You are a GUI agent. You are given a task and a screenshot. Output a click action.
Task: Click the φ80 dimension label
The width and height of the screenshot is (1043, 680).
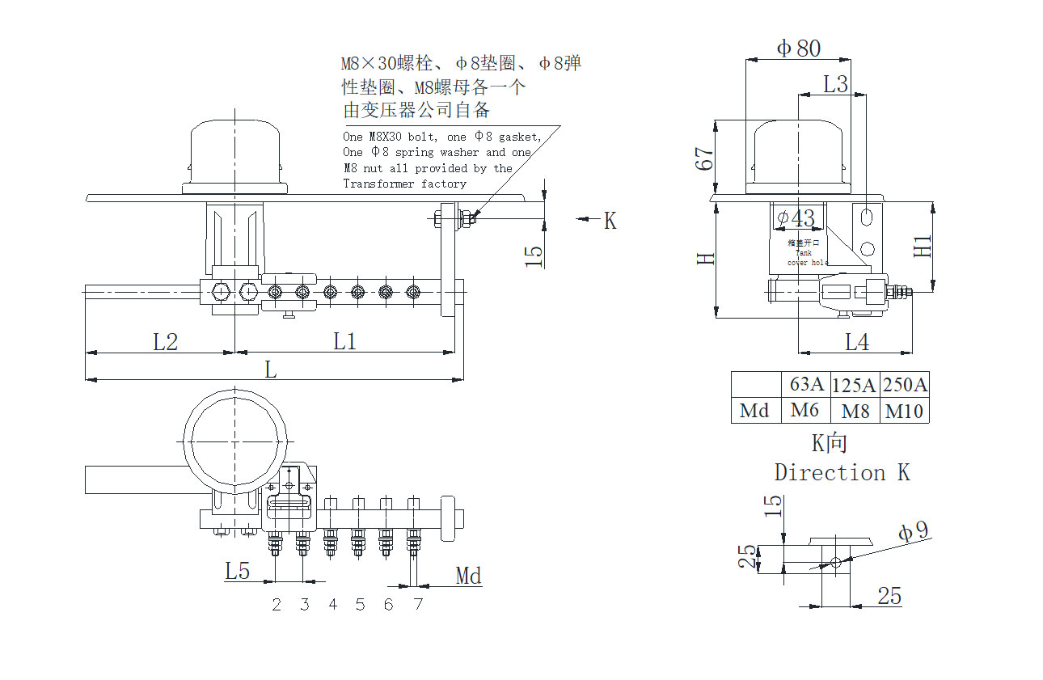tap(798, 49)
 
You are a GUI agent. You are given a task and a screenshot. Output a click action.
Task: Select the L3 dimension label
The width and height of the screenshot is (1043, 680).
tap(836, 83)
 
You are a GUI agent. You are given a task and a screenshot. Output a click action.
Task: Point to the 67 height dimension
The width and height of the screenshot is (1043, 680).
tap(705, 158)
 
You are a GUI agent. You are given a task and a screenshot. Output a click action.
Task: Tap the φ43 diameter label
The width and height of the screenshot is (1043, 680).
tap(795, 218)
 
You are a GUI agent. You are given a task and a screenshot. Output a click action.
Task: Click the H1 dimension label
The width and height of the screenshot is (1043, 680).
tap(923, 246)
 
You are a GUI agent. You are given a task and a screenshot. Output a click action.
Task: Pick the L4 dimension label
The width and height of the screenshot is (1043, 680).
tap(857, 343)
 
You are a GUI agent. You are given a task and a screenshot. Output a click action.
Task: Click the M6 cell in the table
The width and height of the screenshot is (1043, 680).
tap(804, 410)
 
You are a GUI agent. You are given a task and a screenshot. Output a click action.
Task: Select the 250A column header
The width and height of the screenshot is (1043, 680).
tap(904, 385)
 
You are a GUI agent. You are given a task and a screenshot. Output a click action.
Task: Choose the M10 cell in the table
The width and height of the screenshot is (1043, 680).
tap(904, 411)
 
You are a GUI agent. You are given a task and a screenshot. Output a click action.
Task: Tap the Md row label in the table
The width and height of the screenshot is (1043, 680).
tap(754, 411)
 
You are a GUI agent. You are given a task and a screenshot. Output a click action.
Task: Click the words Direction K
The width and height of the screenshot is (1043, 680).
tap(842, 472)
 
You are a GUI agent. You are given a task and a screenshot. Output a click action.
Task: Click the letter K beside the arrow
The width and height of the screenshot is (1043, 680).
tap(610, 220)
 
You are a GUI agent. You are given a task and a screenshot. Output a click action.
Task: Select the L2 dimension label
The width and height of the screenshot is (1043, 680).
tap(165, 342)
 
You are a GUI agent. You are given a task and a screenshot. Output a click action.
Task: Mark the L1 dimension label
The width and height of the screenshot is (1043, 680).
tap(345, 342)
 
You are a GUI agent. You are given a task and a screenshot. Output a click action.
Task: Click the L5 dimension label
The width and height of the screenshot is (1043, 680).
tap(237, 572)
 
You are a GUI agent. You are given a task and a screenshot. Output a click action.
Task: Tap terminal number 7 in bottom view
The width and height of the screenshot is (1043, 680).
tap(417, 605)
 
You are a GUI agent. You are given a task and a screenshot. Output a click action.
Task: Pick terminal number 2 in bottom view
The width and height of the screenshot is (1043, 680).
tap(277, 605)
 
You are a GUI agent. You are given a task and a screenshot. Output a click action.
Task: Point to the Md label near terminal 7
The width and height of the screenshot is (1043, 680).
tap(468, 576)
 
